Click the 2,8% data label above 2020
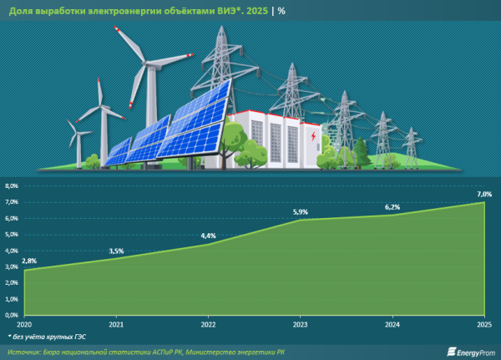29,261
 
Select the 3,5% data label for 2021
117,251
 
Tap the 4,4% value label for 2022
208,236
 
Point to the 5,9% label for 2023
299,211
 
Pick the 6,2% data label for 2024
391,206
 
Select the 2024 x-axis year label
391,323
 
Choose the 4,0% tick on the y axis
12,251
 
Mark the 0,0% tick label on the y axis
12,315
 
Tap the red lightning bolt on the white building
313,134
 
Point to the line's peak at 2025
483,202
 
